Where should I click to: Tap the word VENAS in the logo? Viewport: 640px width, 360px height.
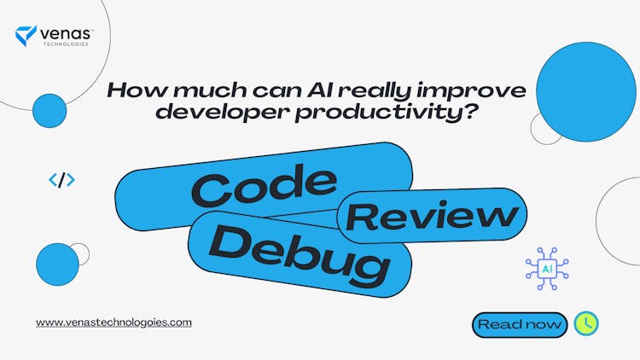click(67, 32)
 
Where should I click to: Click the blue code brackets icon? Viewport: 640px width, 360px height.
click(61, 179)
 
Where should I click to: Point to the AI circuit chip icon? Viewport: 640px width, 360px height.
click(547, 269)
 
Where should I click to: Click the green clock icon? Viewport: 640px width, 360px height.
click(586, 323)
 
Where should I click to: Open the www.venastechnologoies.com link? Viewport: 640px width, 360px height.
click(113, 322)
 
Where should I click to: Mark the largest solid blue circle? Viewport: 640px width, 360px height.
click(585, 92)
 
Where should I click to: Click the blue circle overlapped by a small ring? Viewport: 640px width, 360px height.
click(57, 264)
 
